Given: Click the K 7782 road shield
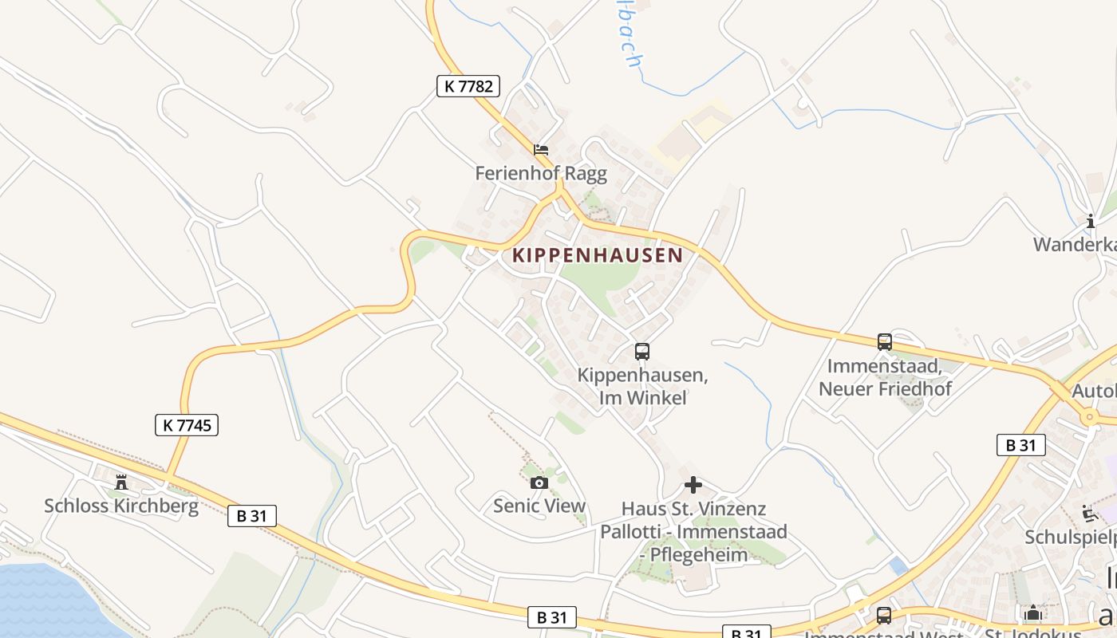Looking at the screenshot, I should [x=468, y=86].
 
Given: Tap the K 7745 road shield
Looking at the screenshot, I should [x=187, y=425].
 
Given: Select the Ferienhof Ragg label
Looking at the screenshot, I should [x=541, y=173].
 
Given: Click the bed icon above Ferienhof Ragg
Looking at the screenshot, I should [x=541, y=149].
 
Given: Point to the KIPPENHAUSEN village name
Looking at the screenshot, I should [x=598, y=255].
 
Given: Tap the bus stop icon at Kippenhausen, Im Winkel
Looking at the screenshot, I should [x=642, y=351].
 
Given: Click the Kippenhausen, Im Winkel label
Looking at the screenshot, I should [x=642, y=386].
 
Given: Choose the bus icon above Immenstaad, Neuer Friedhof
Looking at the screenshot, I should [x=885, y=342].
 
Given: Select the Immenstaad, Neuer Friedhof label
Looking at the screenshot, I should [x=885, y=378].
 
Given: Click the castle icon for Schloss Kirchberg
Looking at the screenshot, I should [x=121, y=482].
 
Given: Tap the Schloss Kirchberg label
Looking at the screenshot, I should [x=121, y=506].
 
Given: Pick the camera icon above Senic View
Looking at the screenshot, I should [x=539, y=482].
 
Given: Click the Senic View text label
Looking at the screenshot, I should [x=539, y=506].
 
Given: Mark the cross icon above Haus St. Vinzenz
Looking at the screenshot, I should [x=693, y=484].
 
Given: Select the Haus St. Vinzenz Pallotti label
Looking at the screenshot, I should [x=693, y=531].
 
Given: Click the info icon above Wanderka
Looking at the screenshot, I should [x=1090, y=221].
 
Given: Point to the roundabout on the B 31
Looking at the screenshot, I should [x=1089, y=417].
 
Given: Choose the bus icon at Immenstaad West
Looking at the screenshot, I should [x=884, y=615].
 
